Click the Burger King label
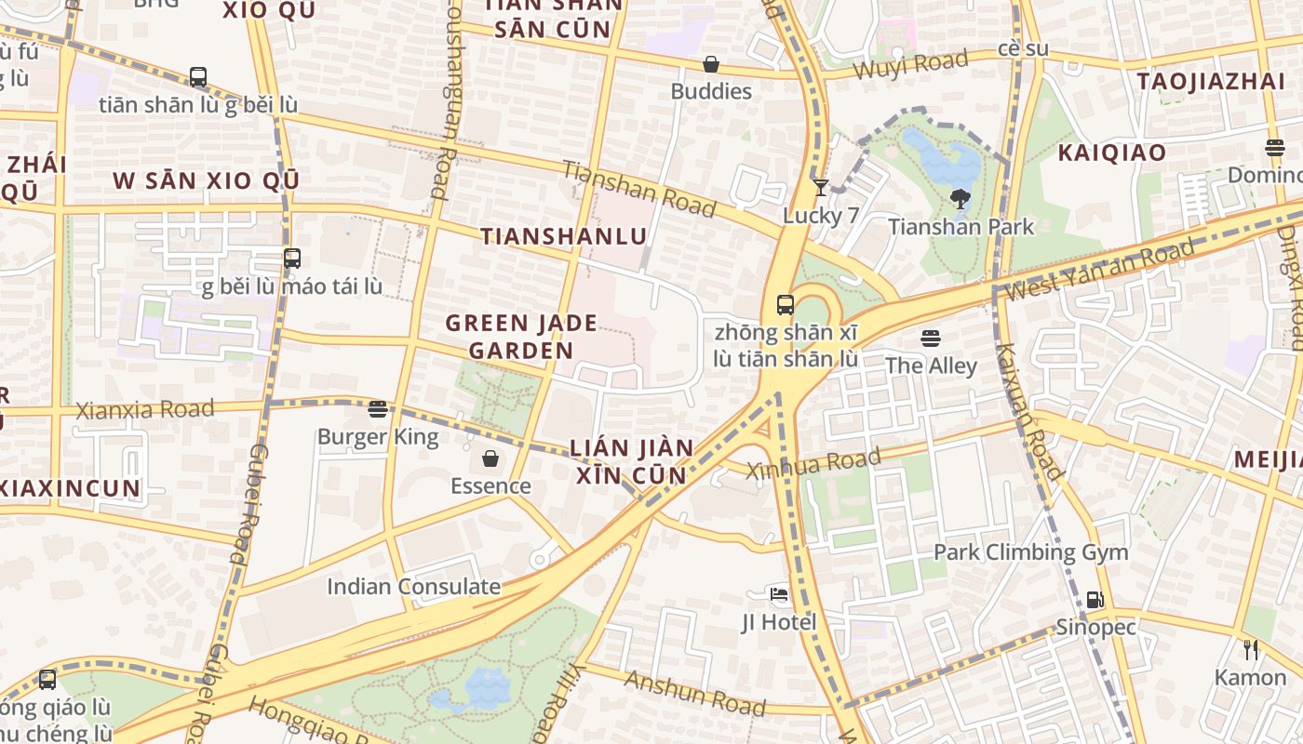pos(378,436)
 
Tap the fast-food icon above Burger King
pos(377,409)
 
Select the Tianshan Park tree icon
pos(960,199)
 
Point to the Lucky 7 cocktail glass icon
pos(820,188)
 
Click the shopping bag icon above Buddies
pos(711,64)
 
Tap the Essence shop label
pos(490,485)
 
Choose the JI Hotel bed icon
pos(779,594)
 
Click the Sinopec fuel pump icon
pos(1095,600)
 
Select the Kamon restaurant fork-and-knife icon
pos(1251,650)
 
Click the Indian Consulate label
pos(413,587)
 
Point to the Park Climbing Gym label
pos(1030,551)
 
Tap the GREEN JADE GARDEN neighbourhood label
pos(521,337)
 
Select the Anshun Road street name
pos(694,693)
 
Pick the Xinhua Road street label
pos(813,462)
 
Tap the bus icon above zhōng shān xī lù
pos(786,304)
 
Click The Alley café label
pos(931,365)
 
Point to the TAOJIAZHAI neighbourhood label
pos(1211,81)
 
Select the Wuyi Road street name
pos(910,65)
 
